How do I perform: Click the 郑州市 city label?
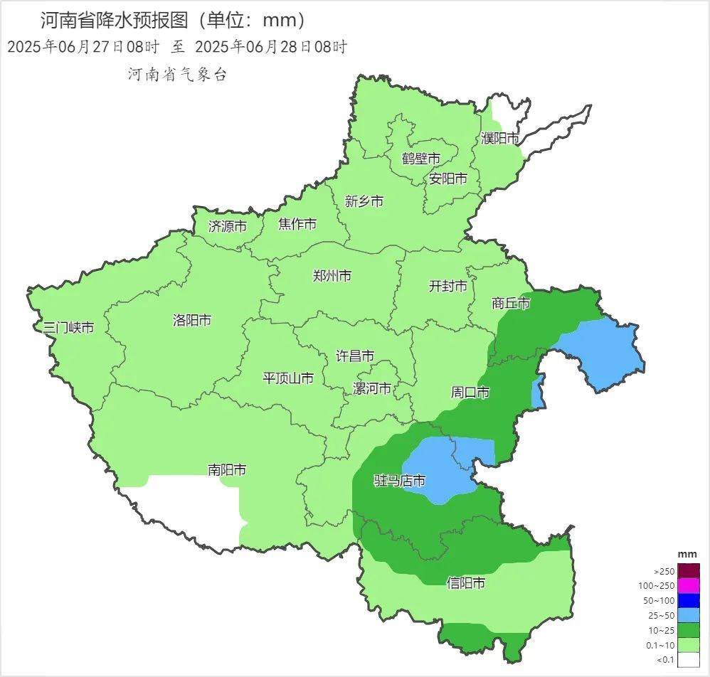(332, 276)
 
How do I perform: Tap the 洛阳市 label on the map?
(192, 320)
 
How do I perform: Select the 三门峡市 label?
(68, 328)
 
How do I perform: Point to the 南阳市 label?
(227, 470)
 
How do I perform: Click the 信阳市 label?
(466, 583)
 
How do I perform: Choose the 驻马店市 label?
(400, 481)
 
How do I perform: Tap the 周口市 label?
(470, 393)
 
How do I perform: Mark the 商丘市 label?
(511, 304)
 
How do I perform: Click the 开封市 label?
(448, 286)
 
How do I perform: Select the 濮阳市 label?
(500, 138)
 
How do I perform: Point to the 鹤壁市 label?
(420, 158)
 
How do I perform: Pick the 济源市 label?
(228, 227)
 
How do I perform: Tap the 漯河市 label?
(372, 389)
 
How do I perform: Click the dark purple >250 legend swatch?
(688, 571)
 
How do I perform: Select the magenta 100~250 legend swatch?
(688, 586)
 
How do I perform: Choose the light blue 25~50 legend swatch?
(688, 615)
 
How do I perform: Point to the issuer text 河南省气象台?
(177, 75)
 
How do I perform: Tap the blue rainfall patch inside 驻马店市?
(448, 469)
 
